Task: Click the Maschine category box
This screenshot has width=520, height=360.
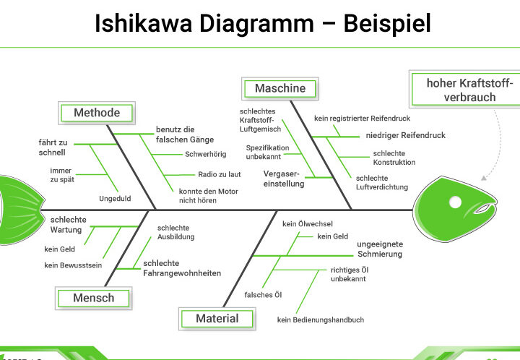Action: (279, 88)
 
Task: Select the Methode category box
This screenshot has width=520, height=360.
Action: (97, 113)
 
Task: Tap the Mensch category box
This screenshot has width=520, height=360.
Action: (93, 297)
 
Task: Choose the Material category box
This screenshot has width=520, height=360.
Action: (217, 318)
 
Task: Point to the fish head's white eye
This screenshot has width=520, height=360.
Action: (456, 200)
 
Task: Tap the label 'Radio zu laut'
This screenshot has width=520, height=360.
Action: (220, 174)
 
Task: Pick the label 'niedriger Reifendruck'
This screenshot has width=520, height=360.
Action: (405, 135)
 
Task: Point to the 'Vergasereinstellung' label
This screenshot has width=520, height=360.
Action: (284, 179)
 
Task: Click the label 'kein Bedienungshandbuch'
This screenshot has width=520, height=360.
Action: (320, 320)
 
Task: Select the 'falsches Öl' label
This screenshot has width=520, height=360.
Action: (263, 294)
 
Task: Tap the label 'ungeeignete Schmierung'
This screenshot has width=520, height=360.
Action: (380, 249)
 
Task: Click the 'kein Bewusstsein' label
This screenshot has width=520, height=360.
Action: (73, 265)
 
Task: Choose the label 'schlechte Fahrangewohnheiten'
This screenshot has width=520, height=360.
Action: (182, 268)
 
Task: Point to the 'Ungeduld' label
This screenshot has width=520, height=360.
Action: (114, 198)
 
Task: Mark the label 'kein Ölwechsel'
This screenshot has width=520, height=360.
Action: (308, 224)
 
